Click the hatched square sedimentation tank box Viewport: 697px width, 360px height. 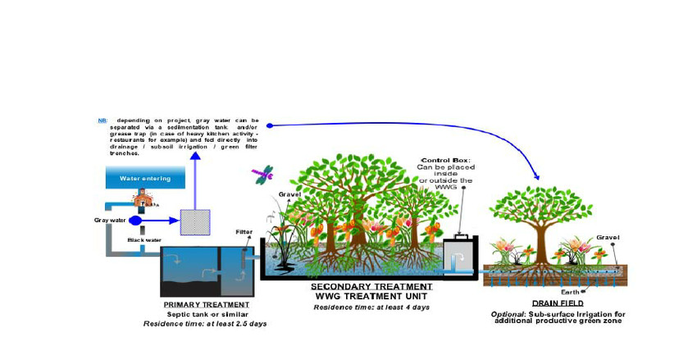coord(195,222)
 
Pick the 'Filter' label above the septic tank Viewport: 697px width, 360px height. coord(244,231)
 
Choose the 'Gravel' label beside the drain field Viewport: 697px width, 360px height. coord(608,237)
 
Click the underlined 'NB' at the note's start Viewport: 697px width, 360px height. coord(102,121)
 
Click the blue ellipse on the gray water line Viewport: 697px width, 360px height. coord(135,221)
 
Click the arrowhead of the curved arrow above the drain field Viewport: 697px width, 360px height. coord(538,176)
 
